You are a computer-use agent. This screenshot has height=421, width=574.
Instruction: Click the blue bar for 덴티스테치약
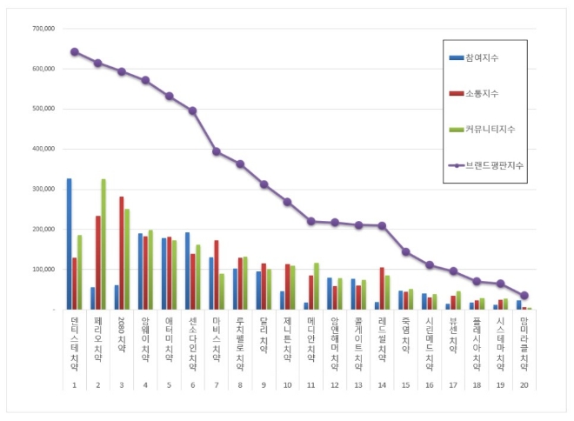tap(70, 244)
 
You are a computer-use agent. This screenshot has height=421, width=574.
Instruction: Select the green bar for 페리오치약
tap(103, 244)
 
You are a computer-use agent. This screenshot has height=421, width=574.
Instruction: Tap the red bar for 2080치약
tap(121, 252)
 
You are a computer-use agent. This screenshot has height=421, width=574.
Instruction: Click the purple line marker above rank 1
tap(75, 51)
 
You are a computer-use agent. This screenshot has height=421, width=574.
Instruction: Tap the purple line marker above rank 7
tap(216, 151)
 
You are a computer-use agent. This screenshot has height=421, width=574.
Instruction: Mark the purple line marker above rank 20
tap(524, 296)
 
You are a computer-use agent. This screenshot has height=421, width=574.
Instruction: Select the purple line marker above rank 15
tap(405, 251)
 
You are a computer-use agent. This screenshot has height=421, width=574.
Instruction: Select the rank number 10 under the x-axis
tap(287, 385)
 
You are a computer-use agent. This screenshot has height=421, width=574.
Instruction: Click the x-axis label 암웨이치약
tap(145, 344)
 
